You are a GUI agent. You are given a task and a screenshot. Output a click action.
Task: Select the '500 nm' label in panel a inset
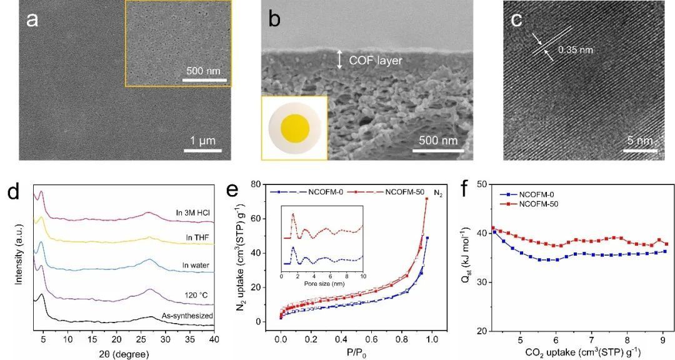click(204, 71)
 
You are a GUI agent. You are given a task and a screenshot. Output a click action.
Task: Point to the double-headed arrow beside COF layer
click(339, 59)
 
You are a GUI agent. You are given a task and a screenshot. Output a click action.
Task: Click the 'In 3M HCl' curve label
click(193, 214)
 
